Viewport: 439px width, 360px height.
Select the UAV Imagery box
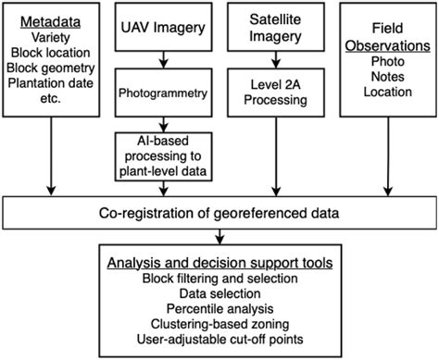pos(162,28)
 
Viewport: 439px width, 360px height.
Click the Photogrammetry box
pos(163,93)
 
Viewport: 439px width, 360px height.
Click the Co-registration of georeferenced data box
pos(219,214)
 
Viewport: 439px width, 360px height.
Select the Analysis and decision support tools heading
pos(219,262)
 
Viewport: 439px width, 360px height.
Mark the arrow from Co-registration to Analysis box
pos(219,237)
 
